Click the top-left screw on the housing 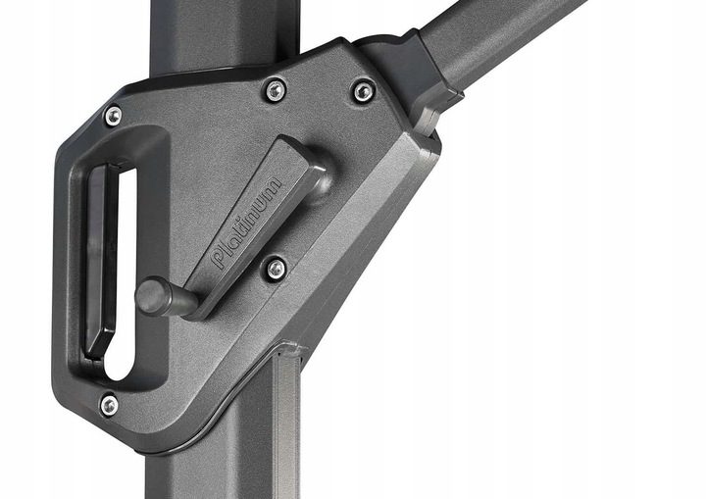click(x=113, y=117)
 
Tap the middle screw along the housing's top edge click(x=276, y=91)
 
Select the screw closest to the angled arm click(x=364, y=91)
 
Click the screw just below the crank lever click(x=276, y=270)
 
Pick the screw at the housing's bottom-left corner click(x=109, y=405)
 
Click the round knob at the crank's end click(x=153, y=296)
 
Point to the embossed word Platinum click(x=247, y=223)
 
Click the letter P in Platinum click(x=219, y=260)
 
